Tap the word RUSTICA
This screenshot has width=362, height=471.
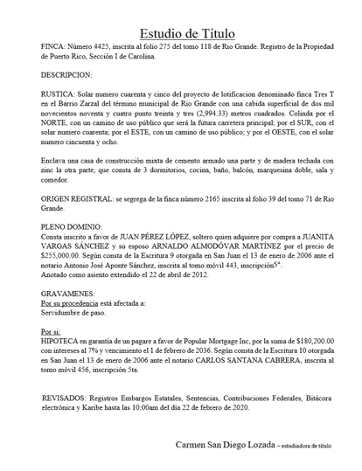click(x=60, y=94)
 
